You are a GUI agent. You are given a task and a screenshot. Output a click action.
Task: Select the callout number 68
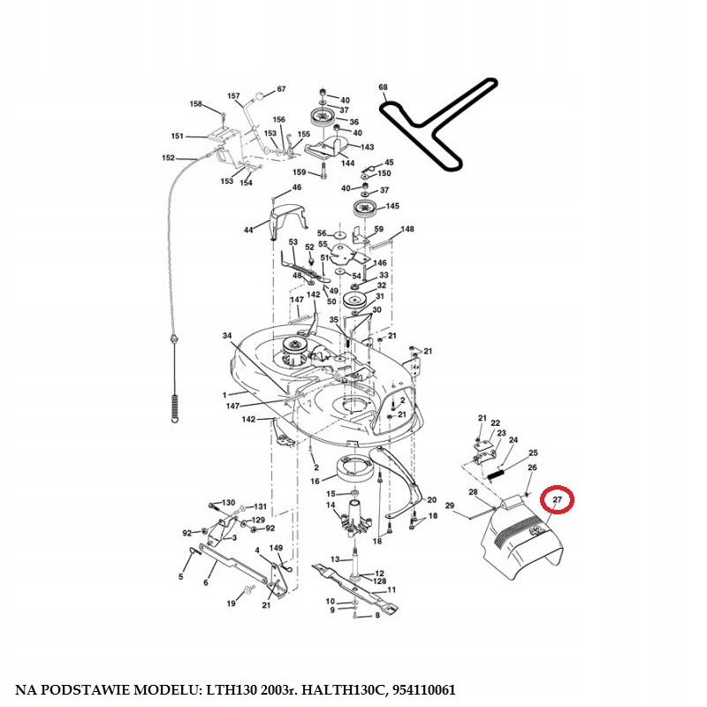(383, 87)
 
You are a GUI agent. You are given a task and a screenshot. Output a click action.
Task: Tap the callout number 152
(168, 158)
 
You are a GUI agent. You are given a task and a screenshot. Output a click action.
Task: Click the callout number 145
(392, 206)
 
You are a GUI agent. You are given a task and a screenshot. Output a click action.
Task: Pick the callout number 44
(248, 231)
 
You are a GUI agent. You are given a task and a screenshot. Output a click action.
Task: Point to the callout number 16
(316, 481)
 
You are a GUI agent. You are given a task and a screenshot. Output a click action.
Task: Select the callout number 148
(407, 229)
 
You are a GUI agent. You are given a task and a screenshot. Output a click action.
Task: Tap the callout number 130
(229, 502)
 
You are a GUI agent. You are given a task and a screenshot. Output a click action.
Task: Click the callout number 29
(449, 506)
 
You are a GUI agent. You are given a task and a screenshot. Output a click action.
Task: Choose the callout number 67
(281, 89)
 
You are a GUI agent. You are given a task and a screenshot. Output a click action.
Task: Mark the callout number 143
(368, 147)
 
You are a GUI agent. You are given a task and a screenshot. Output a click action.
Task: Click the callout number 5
(181, 577)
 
